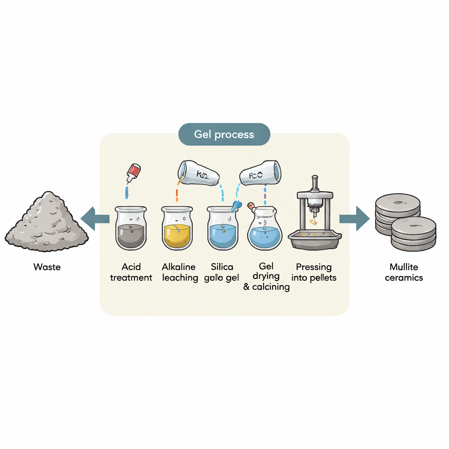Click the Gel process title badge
click(x=224, y=134)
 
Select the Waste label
click(x=46, y=267)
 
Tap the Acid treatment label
click(x=131, y=272)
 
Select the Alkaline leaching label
click(x=179, y=272)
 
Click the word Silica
click(x=222, y=267)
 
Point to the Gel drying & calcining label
click(x=266, y=277)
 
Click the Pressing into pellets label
click(x=314, y=272)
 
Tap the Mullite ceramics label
click(x=403, y=272)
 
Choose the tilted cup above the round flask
click(x=260, y=173)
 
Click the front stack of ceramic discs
click(x=413, y=233)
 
